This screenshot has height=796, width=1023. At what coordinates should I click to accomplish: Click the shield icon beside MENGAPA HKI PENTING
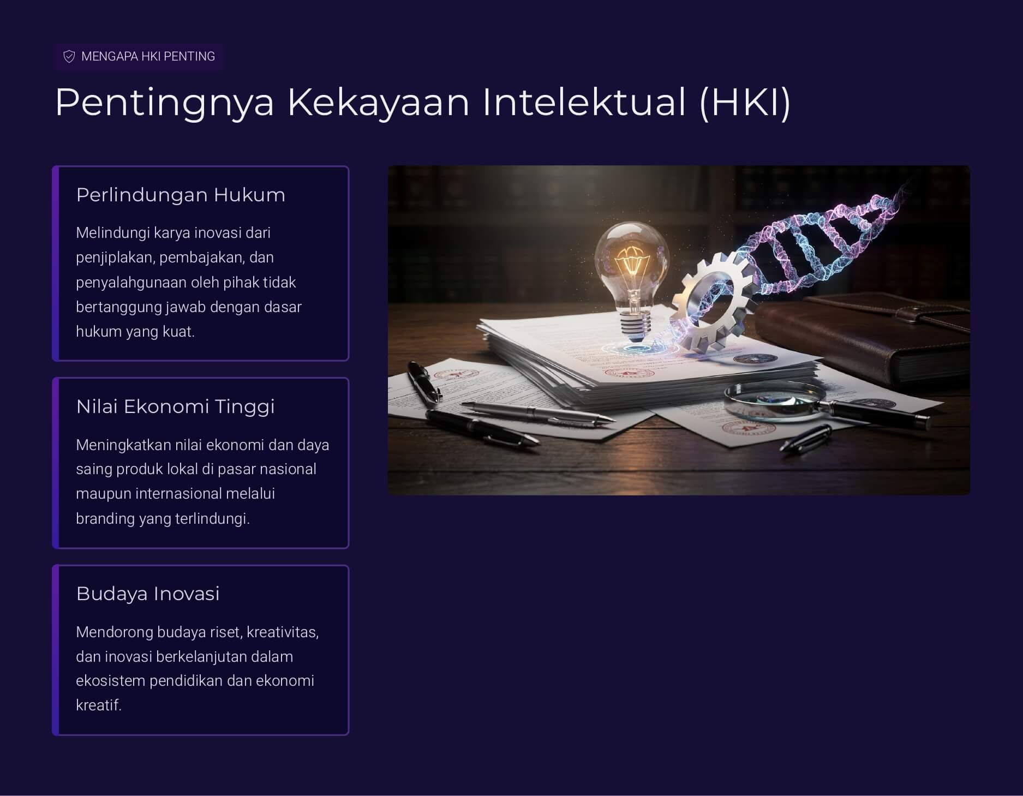click(x=69, y=57)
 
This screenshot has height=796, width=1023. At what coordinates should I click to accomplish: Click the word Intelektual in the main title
click(x=584, y=102)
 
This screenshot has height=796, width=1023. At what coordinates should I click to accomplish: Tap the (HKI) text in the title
click(x=745, y=103)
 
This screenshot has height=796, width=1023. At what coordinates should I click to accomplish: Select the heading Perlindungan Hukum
click(x=181, y=195)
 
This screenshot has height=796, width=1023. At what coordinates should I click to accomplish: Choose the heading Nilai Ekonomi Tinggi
click(x=176, y=406)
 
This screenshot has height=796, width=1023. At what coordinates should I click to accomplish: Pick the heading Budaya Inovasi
click(x=148, y=594)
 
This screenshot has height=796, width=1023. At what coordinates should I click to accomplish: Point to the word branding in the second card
click(x=105, y=519)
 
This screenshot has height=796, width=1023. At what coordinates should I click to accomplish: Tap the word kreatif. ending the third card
click(x=99, y=705)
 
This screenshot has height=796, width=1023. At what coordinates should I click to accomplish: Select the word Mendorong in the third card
click(x=115, y=632)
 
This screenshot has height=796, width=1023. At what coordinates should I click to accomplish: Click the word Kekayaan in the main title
click(x=379, y=103)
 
